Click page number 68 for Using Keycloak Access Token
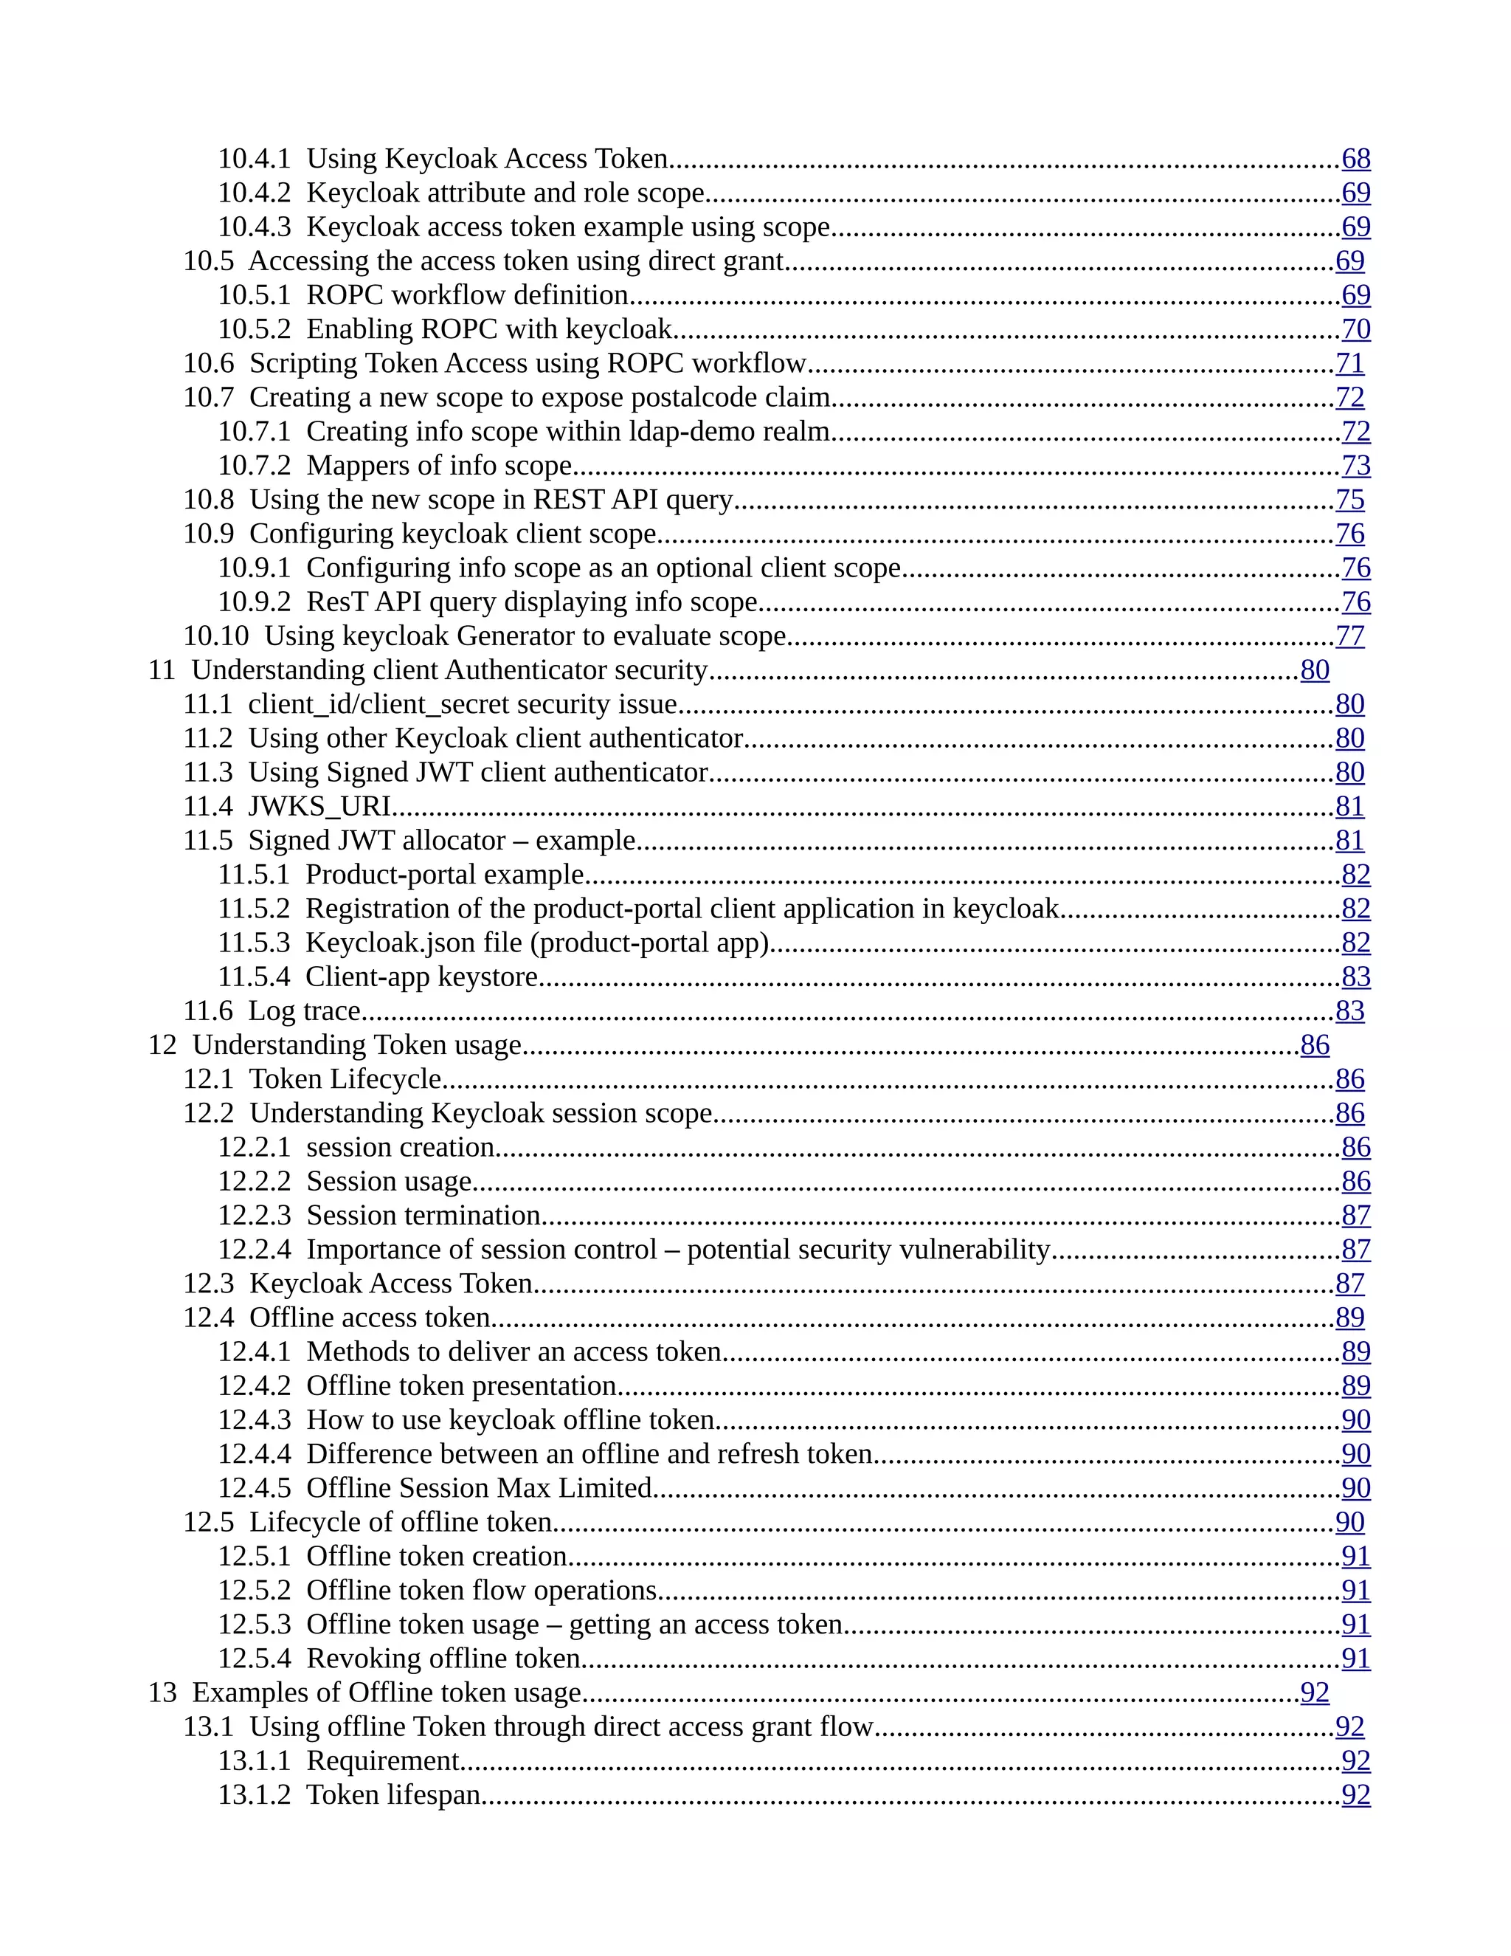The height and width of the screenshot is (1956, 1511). [1355, 159]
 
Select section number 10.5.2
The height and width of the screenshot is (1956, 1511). [255, 330]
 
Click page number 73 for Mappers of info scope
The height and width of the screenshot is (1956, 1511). [1355, 466]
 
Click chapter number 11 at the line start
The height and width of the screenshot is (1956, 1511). [162, 670]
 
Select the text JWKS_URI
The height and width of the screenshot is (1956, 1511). [319, 807]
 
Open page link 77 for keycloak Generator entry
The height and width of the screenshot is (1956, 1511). [1350, 636]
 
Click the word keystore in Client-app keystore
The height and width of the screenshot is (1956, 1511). [496, 977]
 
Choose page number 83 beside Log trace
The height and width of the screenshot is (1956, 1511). [1350, 1011]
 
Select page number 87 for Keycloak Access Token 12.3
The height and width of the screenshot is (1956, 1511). [1350, 1284]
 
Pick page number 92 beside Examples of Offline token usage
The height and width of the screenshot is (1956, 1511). [1314, 1692]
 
